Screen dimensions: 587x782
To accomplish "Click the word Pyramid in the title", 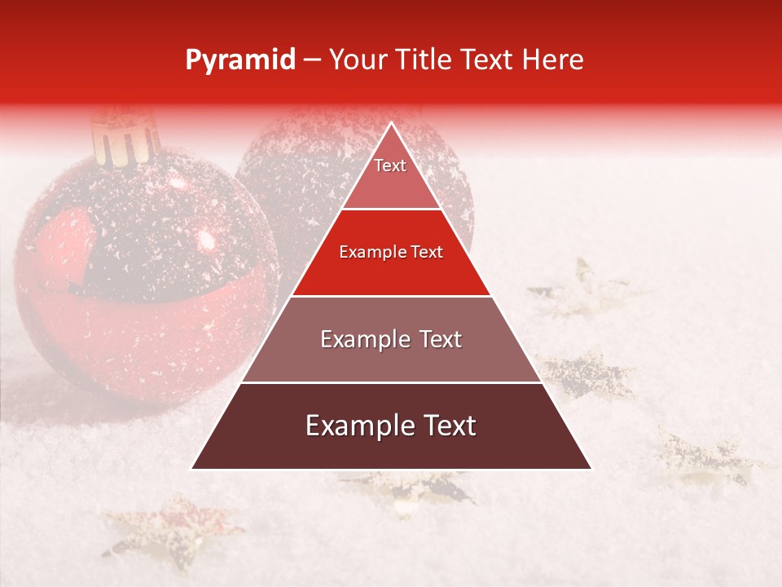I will pyautogui.click(x=239, y=60).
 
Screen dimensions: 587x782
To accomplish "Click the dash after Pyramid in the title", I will pyautogui.click(x=311, y=61).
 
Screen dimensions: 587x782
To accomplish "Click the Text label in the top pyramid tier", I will pyautogui.click(x=390, y=166).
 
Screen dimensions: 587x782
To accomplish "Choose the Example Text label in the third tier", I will pyautogui.click(x=391, y=339).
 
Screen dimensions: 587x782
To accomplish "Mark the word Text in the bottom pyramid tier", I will pyautogui.click(x=445, y=426).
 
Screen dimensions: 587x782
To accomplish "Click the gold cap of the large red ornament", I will pyautogui.click(x=124, y=137).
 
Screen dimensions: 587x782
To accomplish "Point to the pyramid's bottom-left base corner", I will pyautogui.click(x=192, y=468).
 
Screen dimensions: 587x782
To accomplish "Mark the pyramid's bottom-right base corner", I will pyautogui.click(x=591, y=468).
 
